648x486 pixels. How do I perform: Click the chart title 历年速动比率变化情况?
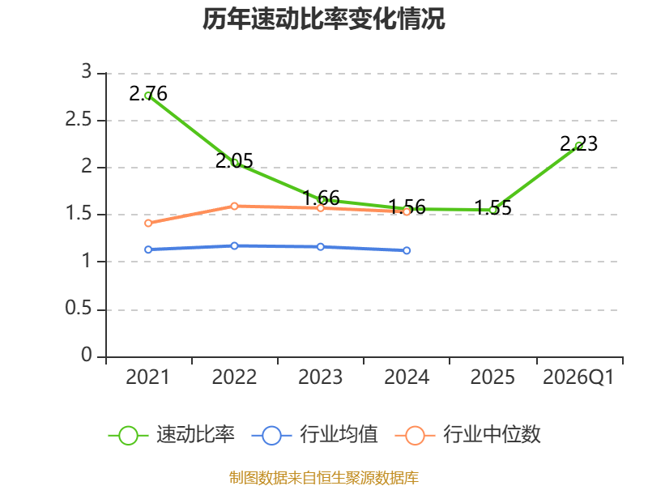pos(323,19)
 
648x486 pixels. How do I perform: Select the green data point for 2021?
pos(148,96)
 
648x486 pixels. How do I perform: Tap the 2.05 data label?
pos(234,160)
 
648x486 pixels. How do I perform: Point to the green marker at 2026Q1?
pos(579,146)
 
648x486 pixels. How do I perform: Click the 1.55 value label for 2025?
pos(492,207)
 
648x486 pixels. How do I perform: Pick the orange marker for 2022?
pos(234,206)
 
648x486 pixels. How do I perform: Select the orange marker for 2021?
pos(148,224)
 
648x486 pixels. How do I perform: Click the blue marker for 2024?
pos(407,250)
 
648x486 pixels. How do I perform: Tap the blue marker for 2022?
pos(234,246)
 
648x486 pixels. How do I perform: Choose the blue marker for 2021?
pos(148,249)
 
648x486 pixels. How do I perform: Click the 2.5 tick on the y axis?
pos(79,119)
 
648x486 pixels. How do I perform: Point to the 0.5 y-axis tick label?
pos(79,309)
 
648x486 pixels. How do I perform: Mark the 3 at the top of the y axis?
pos(87,71)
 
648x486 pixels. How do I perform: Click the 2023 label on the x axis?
pos(320,377)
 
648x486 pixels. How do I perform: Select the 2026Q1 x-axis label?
pos(578,377)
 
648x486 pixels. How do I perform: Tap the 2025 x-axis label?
pos(492,377)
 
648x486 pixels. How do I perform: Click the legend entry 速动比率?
pos(172,435)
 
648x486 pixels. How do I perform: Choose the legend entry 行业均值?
pos(315,435)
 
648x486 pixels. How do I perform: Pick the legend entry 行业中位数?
pos(468,435)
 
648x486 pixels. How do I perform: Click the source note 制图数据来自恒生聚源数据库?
pos(324,478)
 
